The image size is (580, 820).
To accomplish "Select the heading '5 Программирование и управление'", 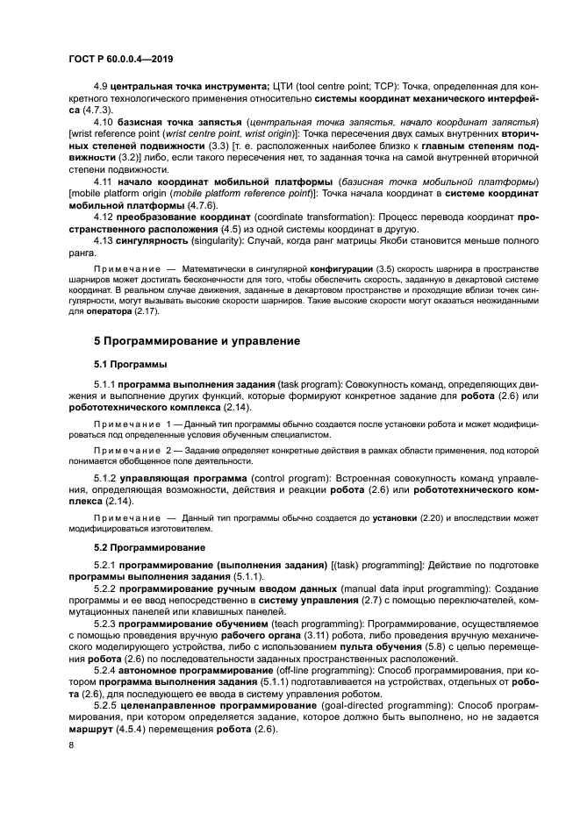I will pyautogui.click(x=197, y=341).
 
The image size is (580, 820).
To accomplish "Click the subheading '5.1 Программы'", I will pyautogui.click(x=132, y=363).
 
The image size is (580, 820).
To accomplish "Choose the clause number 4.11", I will pyautogui.click(x=103, y=181).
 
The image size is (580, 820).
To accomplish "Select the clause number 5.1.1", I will pyautogui.click(x=104, y=385).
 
